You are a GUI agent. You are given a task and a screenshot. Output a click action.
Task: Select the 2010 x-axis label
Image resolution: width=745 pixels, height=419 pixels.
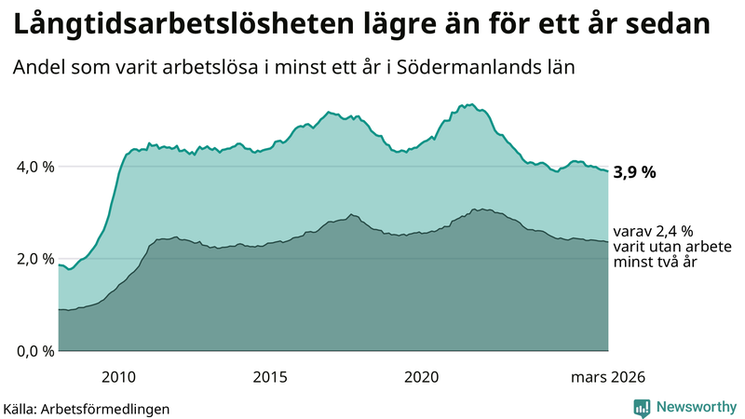(118, 376)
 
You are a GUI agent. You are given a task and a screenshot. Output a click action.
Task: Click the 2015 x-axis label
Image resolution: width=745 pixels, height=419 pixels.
(270, 376)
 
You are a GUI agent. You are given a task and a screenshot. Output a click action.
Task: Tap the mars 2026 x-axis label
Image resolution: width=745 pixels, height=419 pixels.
(608, 376)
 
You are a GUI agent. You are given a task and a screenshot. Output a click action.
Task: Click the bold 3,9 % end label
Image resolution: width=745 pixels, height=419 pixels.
(636, 172)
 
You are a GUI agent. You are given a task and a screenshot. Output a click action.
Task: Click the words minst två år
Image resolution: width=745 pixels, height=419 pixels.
(656, 264)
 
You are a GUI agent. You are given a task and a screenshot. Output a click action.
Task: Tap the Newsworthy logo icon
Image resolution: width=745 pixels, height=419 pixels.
(642, 407)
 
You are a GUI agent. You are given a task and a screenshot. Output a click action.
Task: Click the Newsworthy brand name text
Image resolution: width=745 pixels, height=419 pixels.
(696, 407)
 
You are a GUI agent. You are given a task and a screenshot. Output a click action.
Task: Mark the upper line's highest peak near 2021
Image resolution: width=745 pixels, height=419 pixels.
(471, 104)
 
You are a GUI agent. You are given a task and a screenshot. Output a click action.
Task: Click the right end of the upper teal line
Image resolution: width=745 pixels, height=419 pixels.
(607, 171)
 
